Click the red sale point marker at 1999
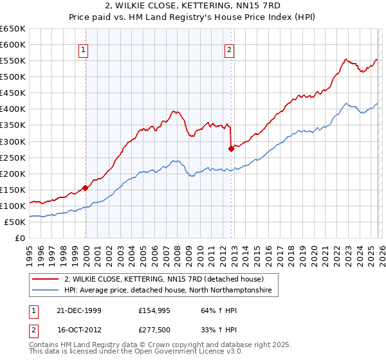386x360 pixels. (86, 188)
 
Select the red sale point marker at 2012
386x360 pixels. (231, 148)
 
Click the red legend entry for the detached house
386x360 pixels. (164, 280)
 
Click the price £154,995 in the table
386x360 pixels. (154, 310)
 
